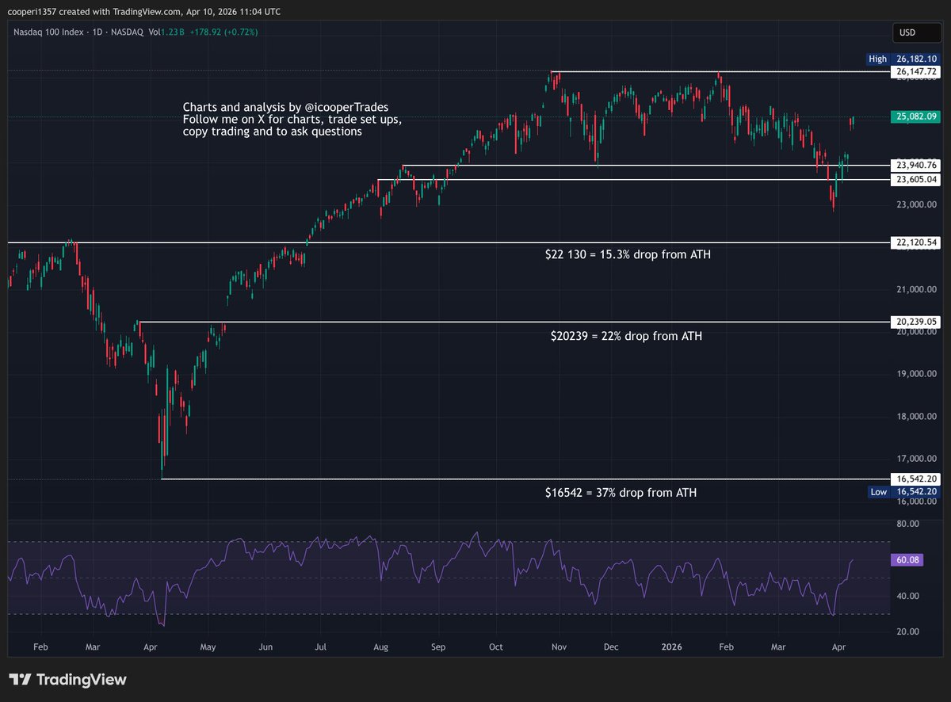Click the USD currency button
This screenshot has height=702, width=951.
click(907, 32)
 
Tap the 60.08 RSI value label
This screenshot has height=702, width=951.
click(908, 559)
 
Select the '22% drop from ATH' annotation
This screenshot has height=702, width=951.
click(626, 336)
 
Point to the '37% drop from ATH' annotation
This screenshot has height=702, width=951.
click(621, 493)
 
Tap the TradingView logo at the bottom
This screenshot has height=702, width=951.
click(68, 680)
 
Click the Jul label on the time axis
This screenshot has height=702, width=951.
click(322, 646)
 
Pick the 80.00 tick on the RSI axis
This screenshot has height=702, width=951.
click(907, 524)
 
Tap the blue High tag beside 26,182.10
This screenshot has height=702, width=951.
click(877, 59)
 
